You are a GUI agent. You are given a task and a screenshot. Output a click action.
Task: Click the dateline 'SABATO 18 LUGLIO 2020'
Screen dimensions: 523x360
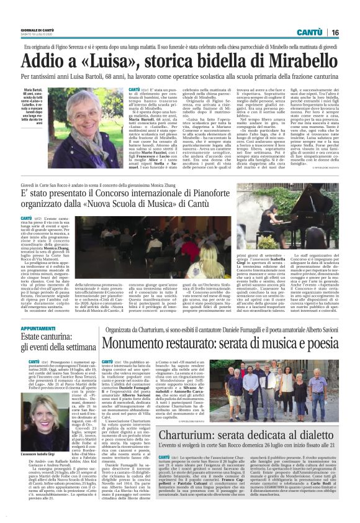38,35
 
